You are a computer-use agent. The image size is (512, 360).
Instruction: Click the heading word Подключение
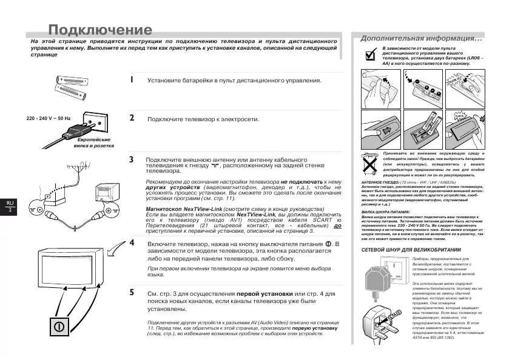99,30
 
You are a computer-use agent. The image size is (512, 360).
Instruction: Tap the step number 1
132,79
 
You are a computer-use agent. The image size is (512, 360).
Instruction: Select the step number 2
132,118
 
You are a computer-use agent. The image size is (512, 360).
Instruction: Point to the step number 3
132,159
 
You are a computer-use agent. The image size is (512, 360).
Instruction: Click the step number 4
132,242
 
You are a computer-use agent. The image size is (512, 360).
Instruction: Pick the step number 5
132,293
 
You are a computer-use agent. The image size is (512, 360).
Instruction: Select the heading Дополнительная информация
421,38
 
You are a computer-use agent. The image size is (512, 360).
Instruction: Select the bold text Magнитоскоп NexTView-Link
183,208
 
